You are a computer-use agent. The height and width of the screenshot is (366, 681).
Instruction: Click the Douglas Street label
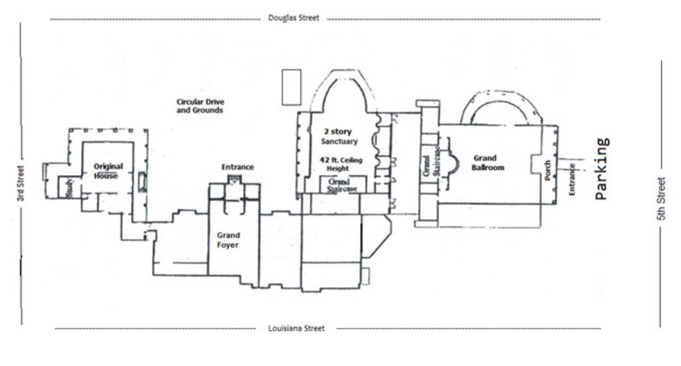pyautogui.click(x=293, y=18)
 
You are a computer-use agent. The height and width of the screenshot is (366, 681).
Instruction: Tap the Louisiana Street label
pyautogui.click(x=296, y=328)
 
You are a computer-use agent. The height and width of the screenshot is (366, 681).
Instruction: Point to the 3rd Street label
pyautogui.click(x=20, y=183)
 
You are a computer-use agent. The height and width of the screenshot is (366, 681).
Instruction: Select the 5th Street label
pyautogui.click(x=661, y=199)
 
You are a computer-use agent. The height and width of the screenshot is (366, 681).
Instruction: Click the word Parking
pyautogui.click(x=602, y=168)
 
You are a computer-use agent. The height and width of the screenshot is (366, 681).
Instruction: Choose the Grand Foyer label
pyautogui.click(x=228, y=240)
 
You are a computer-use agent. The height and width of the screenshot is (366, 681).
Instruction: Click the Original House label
pyautogui.click(x=108, y=171)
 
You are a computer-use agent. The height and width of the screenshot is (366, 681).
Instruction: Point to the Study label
pyautogui.click(x=69, y=188)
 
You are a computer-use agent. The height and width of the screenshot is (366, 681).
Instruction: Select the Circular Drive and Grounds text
pyautogui.click(x=200, y=106)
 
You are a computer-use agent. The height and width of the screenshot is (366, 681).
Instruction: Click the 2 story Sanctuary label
pyautogui.click(x=338, y=136)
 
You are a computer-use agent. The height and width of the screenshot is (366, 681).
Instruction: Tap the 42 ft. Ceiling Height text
pyautogui.click(x=340, y=164)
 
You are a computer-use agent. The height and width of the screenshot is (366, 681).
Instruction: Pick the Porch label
pyautogui.click(x=547, y=170)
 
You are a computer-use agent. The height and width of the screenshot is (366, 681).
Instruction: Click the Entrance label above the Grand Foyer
pyautogui.click(x=237, y=167)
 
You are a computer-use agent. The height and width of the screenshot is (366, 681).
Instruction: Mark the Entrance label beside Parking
pyautogui.click(x=572, y=179)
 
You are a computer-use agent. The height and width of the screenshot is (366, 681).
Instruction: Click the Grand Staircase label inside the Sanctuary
pyautogui.click(x=342, y=185)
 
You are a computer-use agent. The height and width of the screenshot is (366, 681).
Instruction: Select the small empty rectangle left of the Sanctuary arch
pyautogui.click(x=291, y=87)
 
